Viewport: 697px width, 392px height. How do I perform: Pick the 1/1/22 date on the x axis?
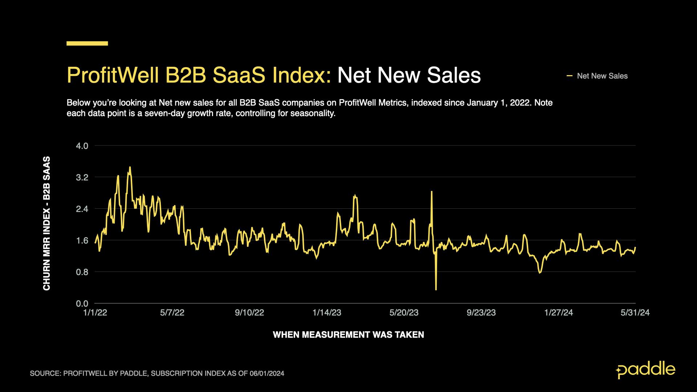click(95, 313)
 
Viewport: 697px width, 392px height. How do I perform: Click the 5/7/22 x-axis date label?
click(172, 313)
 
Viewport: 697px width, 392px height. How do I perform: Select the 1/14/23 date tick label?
click(327, 313)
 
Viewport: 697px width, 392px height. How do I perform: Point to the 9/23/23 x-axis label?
click(481, 313)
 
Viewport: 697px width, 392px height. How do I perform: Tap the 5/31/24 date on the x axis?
click(635, 313)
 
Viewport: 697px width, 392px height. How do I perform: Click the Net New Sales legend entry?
click(602, 76)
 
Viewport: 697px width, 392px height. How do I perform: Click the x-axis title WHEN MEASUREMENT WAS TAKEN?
click(348, 335)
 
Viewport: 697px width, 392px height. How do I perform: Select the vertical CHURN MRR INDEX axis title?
click(47, 223)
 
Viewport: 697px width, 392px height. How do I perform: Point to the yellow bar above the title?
click(87, 44)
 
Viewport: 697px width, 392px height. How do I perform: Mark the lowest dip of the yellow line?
click(436, 289)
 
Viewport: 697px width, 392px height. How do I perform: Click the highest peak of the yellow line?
click(130, 167)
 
